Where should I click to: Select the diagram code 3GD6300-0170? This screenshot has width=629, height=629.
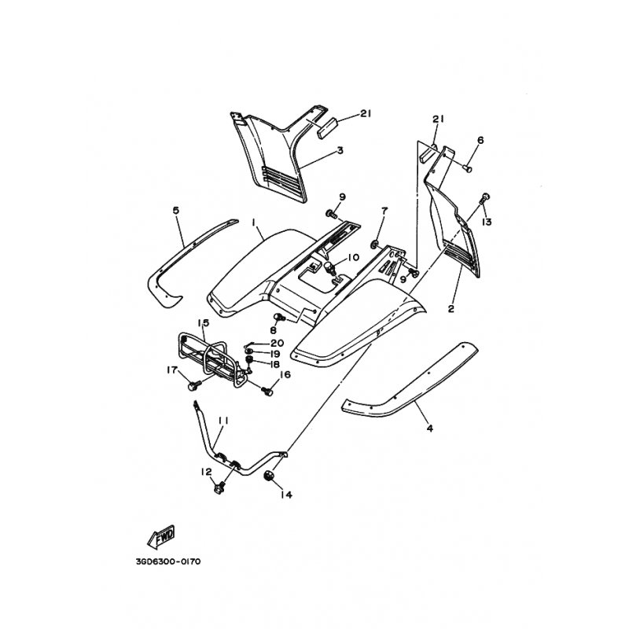click(168, 561)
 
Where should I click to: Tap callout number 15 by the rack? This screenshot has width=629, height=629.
click(204, 323)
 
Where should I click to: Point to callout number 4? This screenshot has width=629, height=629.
click(429, 429)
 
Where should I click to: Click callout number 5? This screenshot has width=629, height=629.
click(175, 211)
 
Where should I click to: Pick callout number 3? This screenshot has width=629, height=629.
click(340, 150)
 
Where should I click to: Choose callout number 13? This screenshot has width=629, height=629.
click(487, 222)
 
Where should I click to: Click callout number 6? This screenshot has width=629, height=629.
click(480, 140)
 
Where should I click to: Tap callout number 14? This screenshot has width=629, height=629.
click(286, 495)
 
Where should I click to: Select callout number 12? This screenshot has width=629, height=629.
click(206, 473)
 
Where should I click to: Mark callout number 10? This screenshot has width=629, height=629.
click(353, 257)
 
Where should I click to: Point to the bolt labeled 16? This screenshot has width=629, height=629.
click(267, 390)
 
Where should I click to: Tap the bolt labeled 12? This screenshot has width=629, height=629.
click(219, 488)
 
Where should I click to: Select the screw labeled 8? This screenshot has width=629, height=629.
click(279, 318)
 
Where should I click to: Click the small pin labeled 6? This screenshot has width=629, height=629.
click(467, 168)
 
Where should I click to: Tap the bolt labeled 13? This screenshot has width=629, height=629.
click(485, 197)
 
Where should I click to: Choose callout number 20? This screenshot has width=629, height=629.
click(278, 344)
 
